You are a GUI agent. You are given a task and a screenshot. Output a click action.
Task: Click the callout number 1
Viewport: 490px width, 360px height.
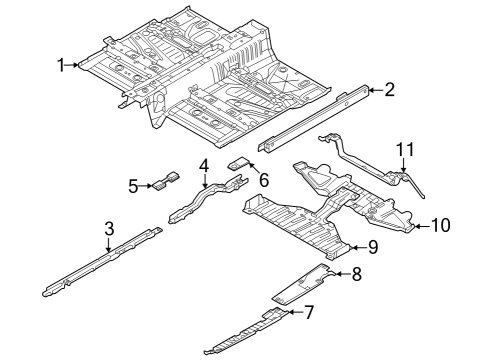(62, 65)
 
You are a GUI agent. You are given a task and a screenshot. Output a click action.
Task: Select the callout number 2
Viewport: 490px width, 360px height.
(389, 90)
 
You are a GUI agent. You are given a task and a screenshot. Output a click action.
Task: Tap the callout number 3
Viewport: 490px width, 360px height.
(109, 230)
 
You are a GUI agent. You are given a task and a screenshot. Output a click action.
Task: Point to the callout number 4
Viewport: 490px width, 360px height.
(203, 165)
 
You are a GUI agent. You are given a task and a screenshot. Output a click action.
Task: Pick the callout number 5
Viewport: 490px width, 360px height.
(133, 185)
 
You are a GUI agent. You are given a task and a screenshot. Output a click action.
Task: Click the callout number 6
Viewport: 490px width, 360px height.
(264, 180)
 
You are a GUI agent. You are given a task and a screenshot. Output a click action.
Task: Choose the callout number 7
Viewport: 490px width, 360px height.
(309, 313)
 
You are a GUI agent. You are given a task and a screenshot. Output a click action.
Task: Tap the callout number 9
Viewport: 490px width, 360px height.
(371, 246)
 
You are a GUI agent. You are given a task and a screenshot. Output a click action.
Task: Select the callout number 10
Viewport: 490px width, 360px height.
(441, 226)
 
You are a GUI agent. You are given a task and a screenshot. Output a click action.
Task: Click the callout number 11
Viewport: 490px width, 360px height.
(403, 149)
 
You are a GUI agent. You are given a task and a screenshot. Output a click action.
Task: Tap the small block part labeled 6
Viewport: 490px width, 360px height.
(239, 160)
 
